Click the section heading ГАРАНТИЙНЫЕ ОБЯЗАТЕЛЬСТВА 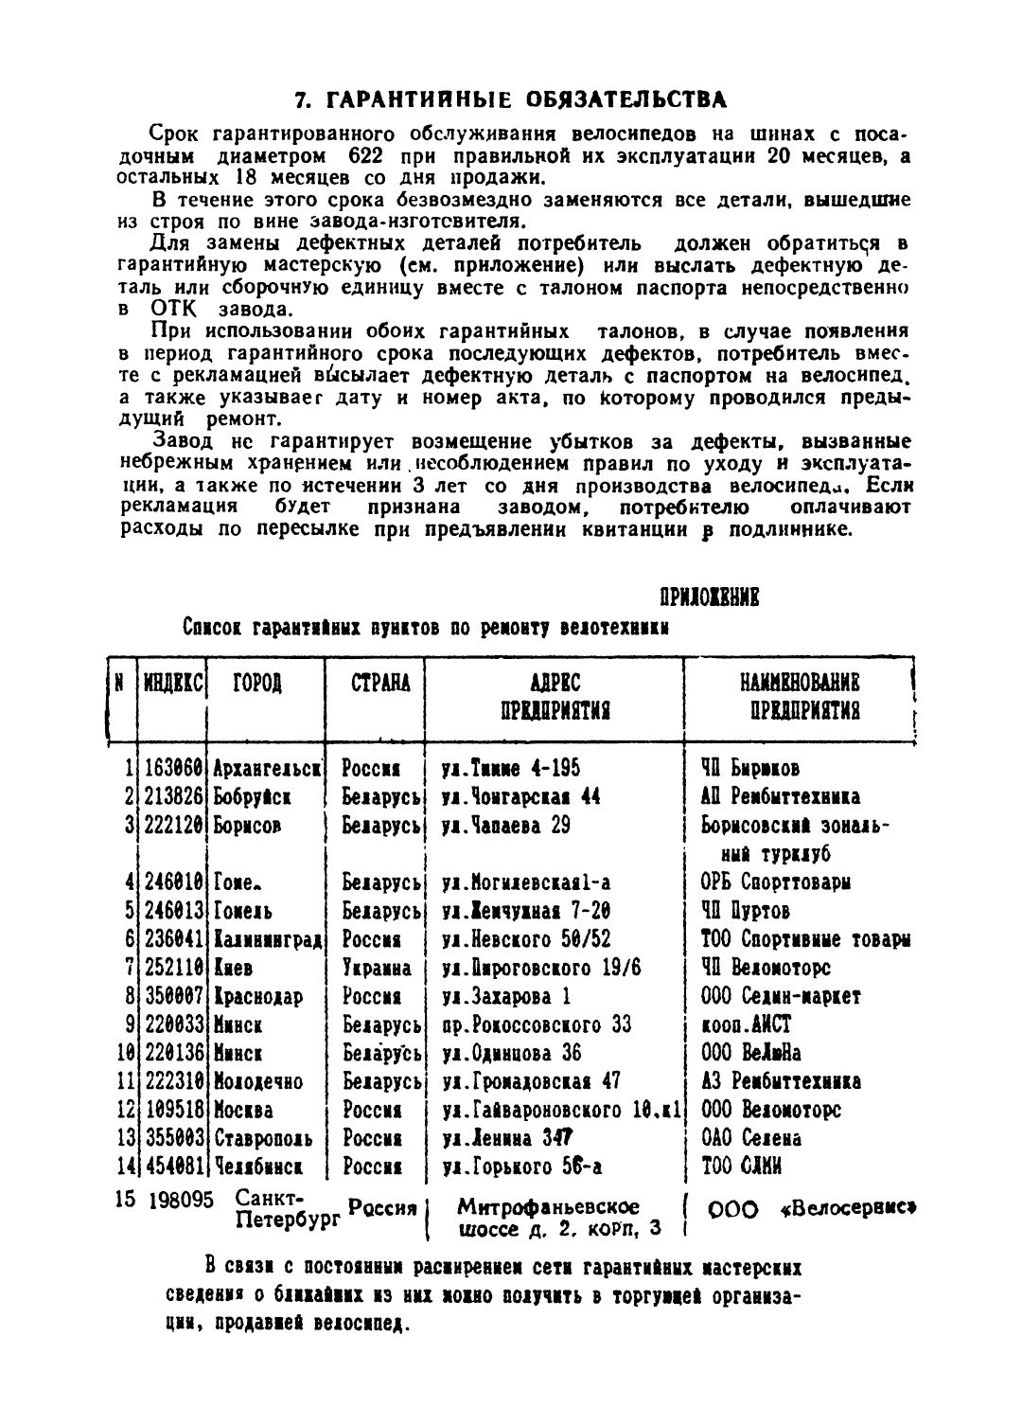click(x=511, y=98)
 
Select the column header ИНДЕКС click(x=173, y=683)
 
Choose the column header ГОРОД click(x=257, y=683)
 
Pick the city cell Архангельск click(x=268, y=769)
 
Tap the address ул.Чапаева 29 click(x=506, y=826)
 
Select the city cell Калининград click(x=268, y=940)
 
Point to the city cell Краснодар click(x=258, y=997)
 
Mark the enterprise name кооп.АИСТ click(x=746, y=1025)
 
